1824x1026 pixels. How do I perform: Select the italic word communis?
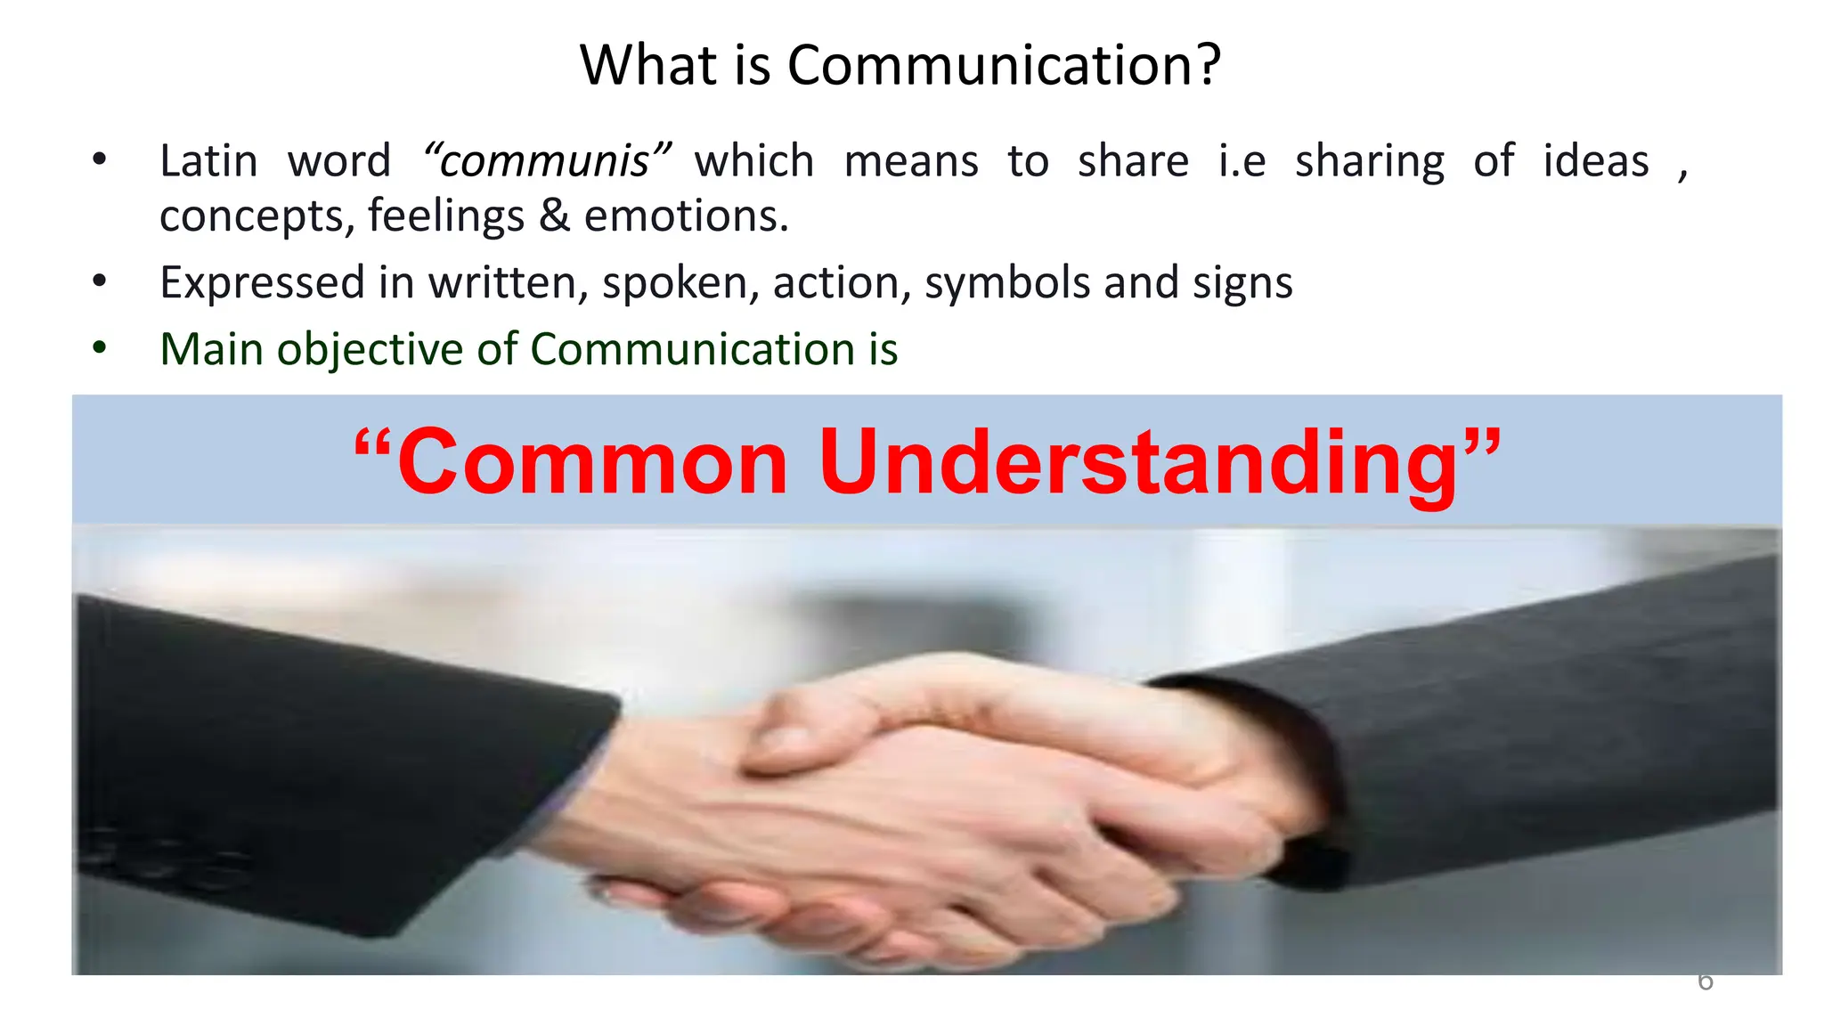tap(546, 161)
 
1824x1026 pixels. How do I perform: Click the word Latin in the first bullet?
tap(208, 161)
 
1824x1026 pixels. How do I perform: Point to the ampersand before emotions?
tap(554, 216)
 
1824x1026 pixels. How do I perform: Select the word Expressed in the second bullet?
tap(262, 283)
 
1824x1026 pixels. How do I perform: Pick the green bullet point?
tap(99, 347)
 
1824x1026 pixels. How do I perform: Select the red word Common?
tap(592, 461)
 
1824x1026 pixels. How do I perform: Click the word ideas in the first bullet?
tap(1595, 161)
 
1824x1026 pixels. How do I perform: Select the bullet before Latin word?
tap(99, 160)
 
